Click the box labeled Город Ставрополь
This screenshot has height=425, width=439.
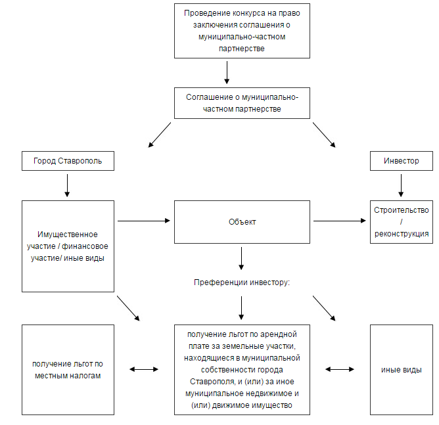[x=68, y=161]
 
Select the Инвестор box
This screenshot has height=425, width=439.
[x=401, y=161]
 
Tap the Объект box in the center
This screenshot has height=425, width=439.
[x=242, y=222]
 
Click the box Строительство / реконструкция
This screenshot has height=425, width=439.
[x=401, y=222]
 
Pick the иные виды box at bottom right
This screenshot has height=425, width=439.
[x=401, y=370]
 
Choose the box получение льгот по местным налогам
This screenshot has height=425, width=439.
[x=68, y=370]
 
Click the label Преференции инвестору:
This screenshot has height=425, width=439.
[x=242, y=282]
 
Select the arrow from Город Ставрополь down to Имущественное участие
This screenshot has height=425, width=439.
[x=67, y=185]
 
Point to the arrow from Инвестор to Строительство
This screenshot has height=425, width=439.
[x=401, y=185]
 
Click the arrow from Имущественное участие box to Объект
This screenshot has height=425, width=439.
[x=144, y=221]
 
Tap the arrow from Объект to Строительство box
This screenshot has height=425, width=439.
[x=340, y=221]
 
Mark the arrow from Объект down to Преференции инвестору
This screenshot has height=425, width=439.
[x=241, y=258]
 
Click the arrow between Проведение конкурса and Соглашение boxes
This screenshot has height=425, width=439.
[x=227, y=72]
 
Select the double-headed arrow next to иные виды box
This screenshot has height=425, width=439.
[x=340, y=369]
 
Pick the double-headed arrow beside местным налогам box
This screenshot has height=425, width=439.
[x=144, y=369]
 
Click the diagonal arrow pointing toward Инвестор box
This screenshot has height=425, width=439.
[x=324, y=135]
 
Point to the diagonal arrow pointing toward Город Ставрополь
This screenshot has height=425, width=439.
[x=160, y=135]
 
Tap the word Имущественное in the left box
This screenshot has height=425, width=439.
[x=68, y=235]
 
